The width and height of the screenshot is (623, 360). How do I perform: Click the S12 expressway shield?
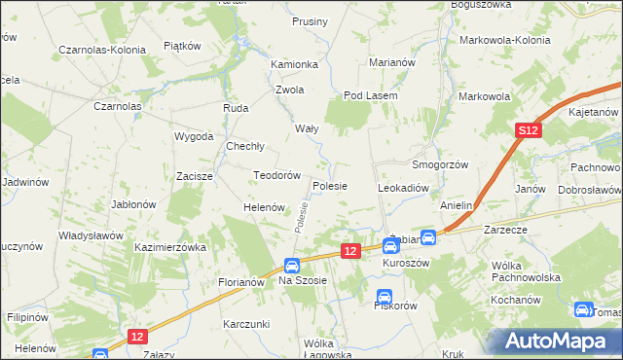pos(528,130)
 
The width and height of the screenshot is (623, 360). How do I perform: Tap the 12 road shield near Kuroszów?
pos(351,251)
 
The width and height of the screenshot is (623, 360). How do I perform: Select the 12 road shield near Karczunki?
pos(137,337)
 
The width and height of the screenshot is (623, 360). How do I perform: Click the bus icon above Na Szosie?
pos(291,266)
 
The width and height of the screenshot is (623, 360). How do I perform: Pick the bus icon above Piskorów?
pos(385,296)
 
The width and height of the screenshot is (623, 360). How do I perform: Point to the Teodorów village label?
pos(275,175)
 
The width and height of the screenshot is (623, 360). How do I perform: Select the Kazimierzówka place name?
pos(171,248)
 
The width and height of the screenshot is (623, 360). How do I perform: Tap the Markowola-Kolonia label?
pos(504,41)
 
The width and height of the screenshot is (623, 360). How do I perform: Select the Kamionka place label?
pos(295,64)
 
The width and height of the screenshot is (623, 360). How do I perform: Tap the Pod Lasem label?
pos(367,96)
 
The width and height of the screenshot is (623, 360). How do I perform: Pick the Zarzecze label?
pos(506,231)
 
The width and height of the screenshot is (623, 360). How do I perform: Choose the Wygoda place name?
pos(194,136)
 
